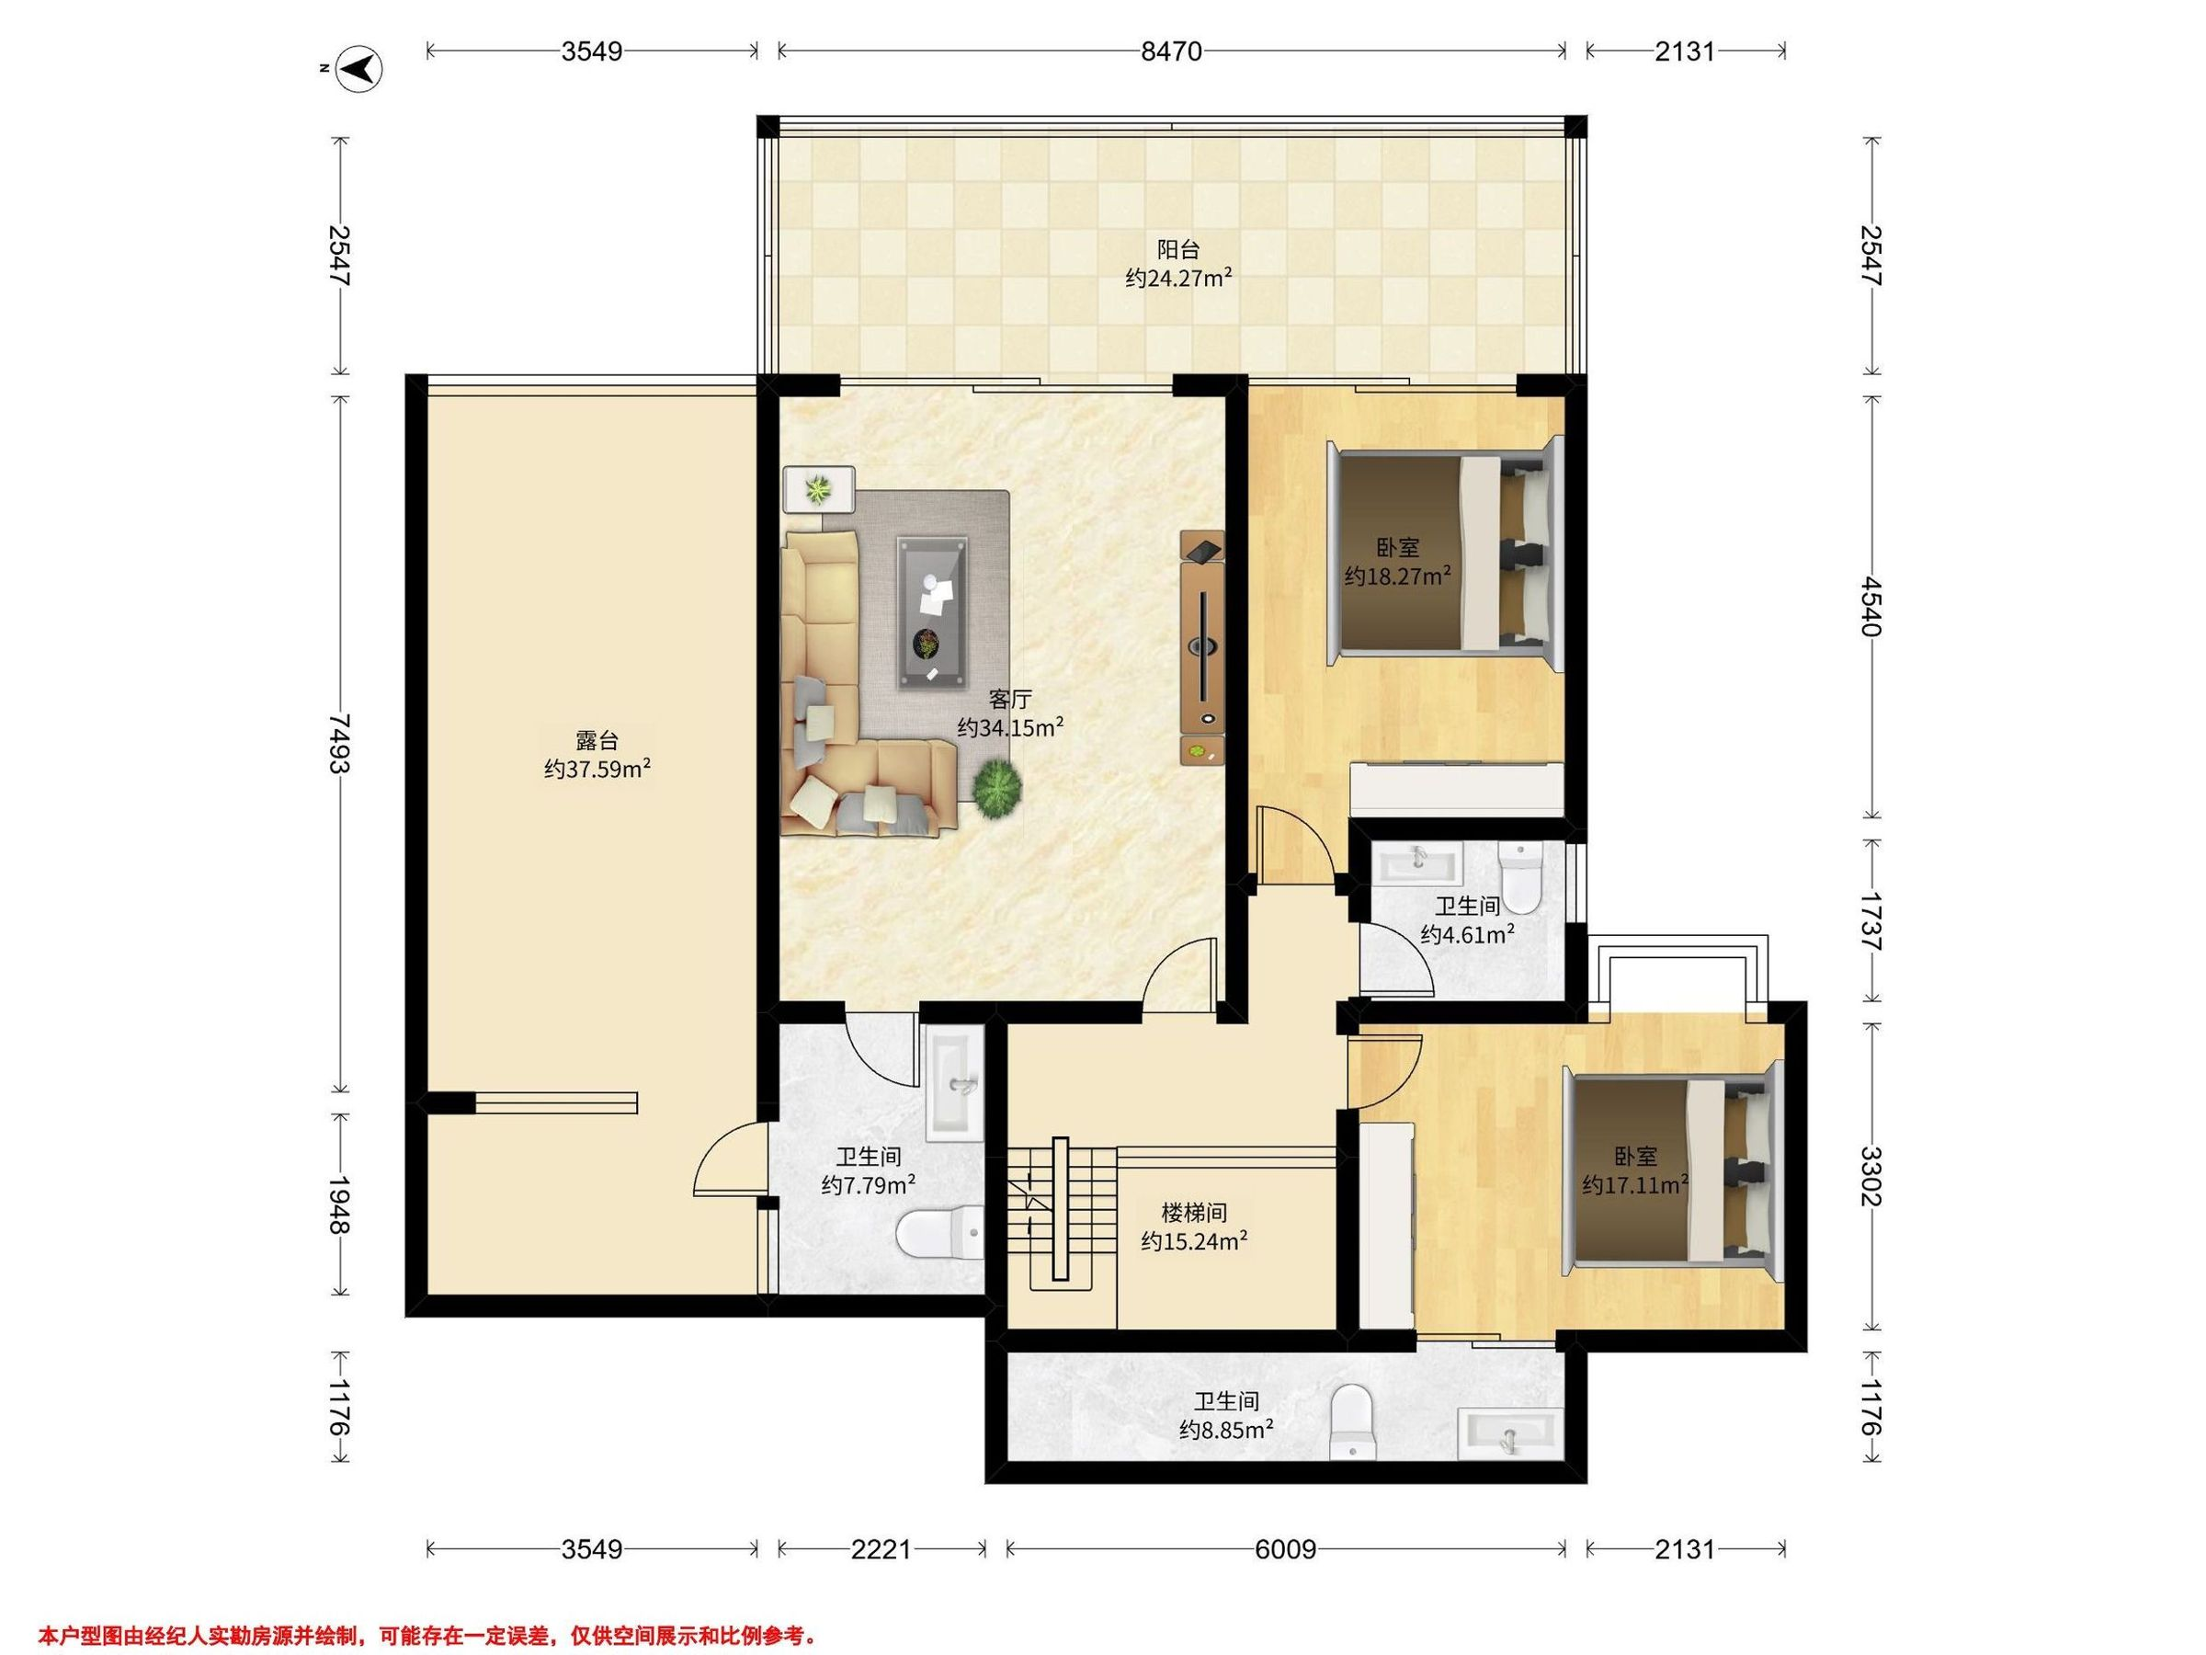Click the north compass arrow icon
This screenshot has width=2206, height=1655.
(x=361, y=69)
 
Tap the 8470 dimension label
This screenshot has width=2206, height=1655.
(x=1171, y=51)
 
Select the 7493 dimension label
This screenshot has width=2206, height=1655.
(x=340, y=743)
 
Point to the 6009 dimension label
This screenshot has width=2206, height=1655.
(x=1286, y=1548)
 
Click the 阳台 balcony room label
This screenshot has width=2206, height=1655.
(x=1177, y=249)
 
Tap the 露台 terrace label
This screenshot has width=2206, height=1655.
(x=597, y=740)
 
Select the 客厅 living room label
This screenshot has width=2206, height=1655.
(x=1009, y=700)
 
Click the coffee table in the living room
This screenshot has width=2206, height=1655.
(x=931, y=611)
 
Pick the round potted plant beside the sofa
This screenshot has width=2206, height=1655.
(x=997, y=788)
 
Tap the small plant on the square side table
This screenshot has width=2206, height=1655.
(x=820, y=490)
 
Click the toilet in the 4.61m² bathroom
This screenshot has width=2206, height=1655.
(x=1521, y=877)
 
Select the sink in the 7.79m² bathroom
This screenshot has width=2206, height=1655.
(x=955, y=1085)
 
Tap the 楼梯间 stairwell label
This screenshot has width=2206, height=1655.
(x=1194, y=1213)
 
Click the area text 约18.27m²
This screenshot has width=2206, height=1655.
(x=1397, y=576)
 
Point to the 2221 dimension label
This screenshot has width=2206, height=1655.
(x=881, y=1548)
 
